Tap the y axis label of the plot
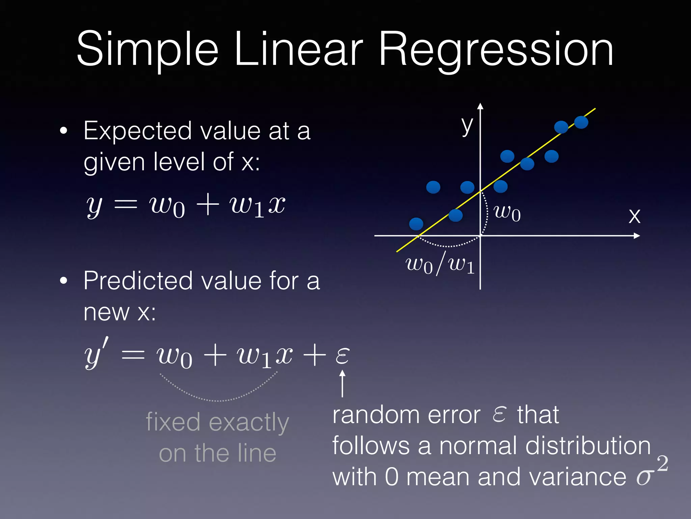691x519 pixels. point(467,126)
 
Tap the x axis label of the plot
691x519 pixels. point(634,216)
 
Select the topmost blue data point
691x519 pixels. point(581,122)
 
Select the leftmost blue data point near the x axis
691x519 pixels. point(416,224)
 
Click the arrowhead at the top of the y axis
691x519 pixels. point(480,106)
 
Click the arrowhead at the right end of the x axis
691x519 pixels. point(637,236)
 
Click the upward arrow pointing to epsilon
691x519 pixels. point(342,384)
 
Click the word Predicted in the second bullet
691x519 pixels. point(138,281)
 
